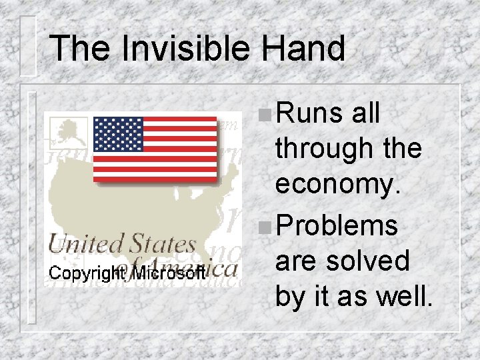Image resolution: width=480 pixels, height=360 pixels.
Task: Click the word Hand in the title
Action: click(x=303, y=48)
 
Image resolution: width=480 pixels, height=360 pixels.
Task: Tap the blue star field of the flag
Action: click(x=118, y=135)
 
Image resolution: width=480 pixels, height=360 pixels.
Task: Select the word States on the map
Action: click(x=163, y=244)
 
